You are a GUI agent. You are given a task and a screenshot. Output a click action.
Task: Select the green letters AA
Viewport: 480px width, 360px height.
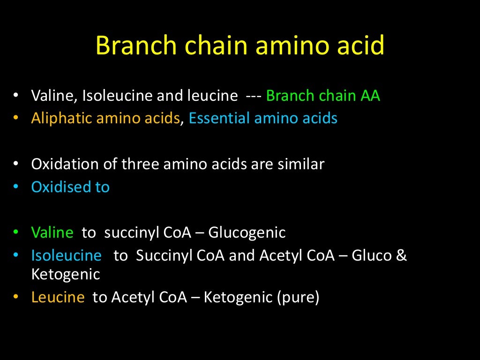(x=370, y=96)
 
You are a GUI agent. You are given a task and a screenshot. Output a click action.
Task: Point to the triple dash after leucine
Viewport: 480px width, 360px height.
(x=254, y=96)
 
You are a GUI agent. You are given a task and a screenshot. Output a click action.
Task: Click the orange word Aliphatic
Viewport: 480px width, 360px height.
(x=61, y=119)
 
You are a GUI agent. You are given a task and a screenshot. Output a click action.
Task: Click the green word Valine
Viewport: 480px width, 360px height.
(x=52, y=232)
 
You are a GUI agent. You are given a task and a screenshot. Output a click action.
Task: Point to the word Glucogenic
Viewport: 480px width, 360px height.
(x=247, y=232)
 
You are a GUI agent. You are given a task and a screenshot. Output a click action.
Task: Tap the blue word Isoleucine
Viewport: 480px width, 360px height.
(x=66, y=255)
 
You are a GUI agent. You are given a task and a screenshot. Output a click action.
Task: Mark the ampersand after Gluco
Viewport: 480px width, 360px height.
(x=402, y=255)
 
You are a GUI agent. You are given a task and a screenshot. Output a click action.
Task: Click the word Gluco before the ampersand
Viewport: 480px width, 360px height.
(x=370, y=255)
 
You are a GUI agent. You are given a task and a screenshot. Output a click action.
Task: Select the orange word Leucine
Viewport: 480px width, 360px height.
(x=58, y=297)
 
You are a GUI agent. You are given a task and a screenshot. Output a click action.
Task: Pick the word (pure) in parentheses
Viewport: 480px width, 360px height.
(x=298, y=297)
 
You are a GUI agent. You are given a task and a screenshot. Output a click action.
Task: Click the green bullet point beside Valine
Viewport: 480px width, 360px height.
(x=16, y=232)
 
